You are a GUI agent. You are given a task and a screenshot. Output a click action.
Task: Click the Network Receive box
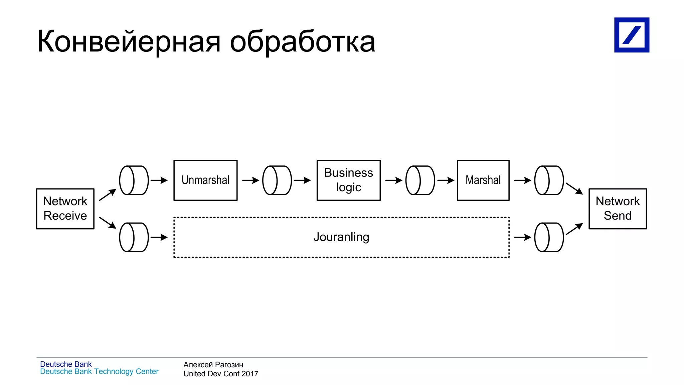click(x=65, y=209)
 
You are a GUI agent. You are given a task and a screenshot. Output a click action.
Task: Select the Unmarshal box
click(x=205, y=180)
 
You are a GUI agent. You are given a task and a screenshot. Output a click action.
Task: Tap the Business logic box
click(x=348, y=180)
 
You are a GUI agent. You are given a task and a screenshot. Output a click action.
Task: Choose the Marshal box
click(x=483, y=180)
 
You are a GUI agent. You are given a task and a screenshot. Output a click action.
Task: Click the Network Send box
click(x=618, y=209)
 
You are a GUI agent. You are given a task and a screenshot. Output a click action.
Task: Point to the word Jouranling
click(x=341, y=237)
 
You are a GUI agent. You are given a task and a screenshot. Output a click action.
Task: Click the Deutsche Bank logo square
click(x=632, y=35)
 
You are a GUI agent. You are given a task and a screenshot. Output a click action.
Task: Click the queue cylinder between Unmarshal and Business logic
click(x=277, y=180)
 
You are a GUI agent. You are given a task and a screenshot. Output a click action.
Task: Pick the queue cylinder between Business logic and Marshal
click(x=420, y=180)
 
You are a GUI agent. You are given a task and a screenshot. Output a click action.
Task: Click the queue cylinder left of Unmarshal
click(x=134, y=180)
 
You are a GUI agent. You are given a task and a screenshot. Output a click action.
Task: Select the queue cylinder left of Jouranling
click(x=134, y=237)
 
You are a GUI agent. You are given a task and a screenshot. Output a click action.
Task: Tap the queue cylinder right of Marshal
click(x=549, y=180)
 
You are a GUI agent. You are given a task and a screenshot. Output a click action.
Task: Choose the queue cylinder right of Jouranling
click(x=549, y=237)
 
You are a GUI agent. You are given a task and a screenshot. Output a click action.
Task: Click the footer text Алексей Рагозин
click(x=213, y=365)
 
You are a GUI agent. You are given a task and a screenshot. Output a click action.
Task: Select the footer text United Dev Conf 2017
click(x=221, y=374)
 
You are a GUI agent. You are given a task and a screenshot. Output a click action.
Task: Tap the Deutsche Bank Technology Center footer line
click(x=99, y=372)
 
